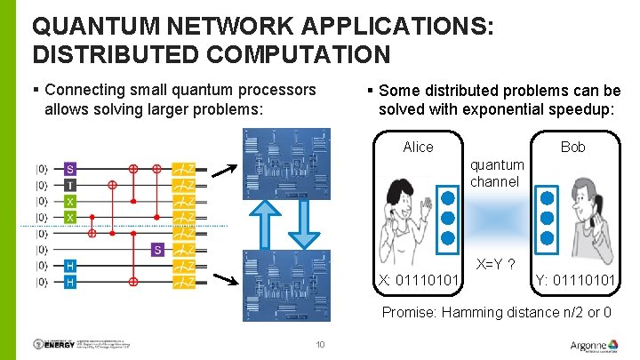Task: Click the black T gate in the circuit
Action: [69, 185]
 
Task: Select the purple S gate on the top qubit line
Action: [69, 168]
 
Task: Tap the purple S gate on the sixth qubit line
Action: [156, 250]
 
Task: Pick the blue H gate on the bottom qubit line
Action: [69, 282]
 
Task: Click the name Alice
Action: [418, 147]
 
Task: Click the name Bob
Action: [573, 147]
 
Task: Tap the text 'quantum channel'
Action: [497, 173]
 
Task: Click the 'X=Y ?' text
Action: [498, 264]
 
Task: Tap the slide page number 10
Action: [320, 345]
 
